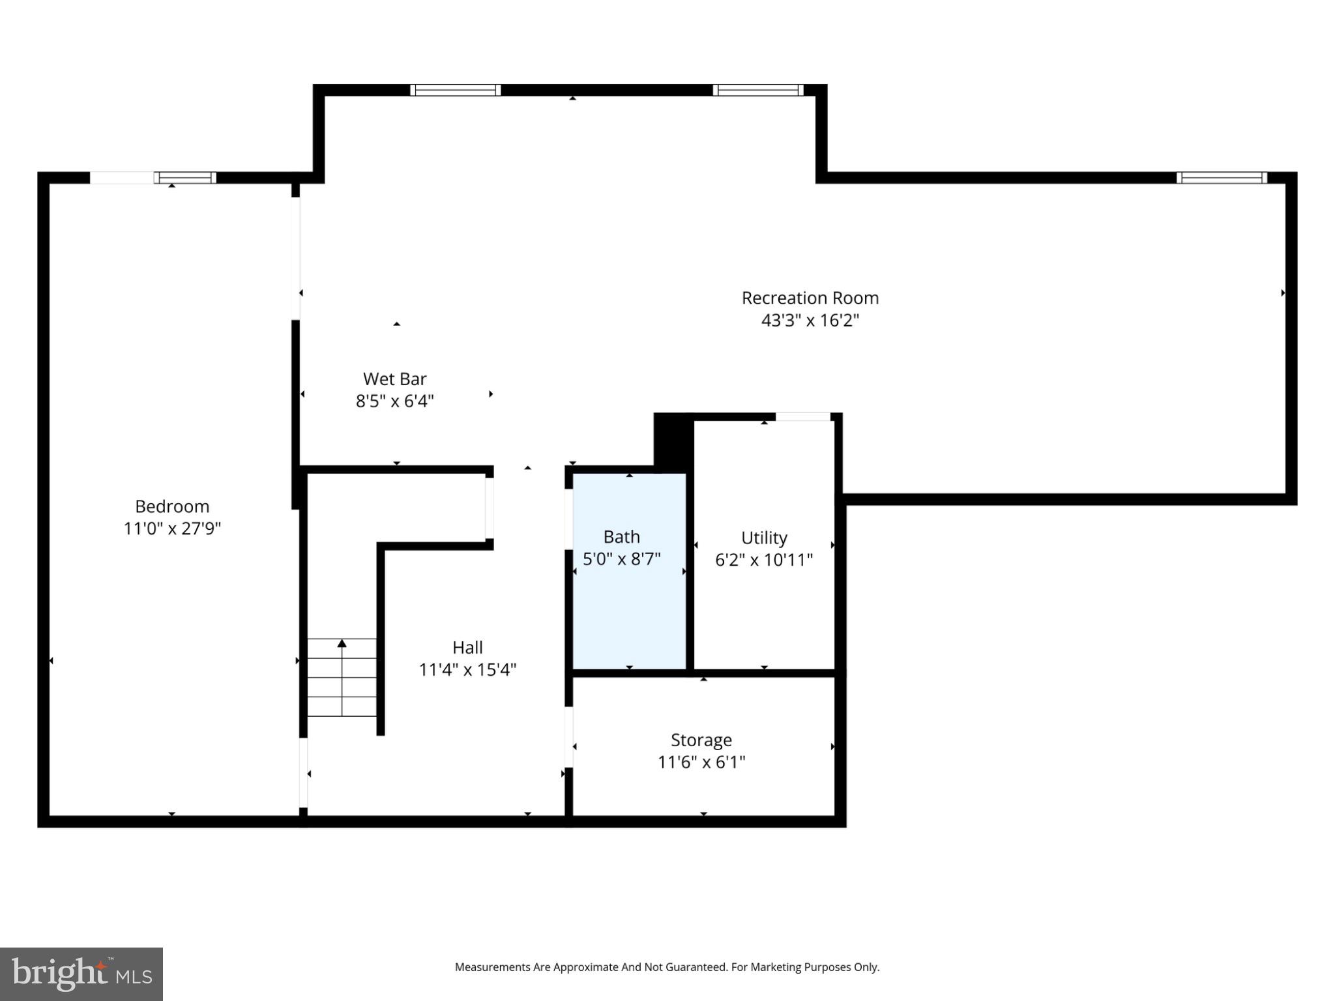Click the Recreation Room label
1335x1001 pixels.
pos(810,298)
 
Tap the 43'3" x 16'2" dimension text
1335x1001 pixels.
pos(810,321)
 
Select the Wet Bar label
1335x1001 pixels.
pos(394,379)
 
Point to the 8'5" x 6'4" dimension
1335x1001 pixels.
pos(394,401)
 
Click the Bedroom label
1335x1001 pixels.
pos(172,506)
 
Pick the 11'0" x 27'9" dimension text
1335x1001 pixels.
pos(172,529)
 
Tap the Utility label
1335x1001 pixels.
pos(764,538)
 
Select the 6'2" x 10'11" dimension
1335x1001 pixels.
pos(764,560)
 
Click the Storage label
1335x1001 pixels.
pos(701,740)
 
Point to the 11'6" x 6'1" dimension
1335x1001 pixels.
pos(701,762)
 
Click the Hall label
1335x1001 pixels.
pos(467,647)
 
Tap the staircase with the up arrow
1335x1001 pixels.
pos(342,678)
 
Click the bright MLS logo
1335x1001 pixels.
pos(81,974)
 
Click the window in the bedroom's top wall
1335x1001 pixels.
pos(186,177)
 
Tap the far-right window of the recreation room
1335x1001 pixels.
pos(1222,177)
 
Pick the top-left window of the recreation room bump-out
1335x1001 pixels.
pos(455,90)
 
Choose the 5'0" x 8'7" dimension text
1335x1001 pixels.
pos(621,559)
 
